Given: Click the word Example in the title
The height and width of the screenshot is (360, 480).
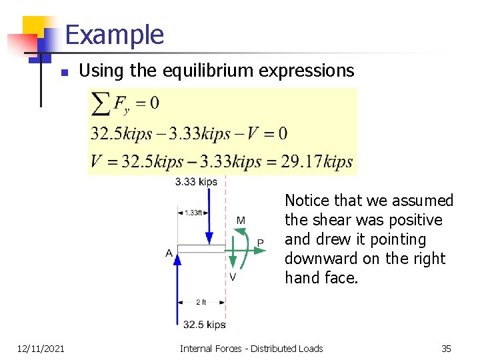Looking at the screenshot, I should [x=114, y=34].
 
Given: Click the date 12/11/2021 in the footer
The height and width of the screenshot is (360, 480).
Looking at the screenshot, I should [x=41, y=348].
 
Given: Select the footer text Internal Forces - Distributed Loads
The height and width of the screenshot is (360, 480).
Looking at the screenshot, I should [x=251, y=348].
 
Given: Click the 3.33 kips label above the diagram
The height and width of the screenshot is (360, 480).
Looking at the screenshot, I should [x=196, y=181].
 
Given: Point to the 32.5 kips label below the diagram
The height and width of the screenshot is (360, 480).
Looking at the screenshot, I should [x=204, y=325].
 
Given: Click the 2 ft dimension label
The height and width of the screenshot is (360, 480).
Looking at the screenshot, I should [x=201, y=302].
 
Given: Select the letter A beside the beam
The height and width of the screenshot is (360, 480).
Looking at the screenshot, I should [x=169, y=253].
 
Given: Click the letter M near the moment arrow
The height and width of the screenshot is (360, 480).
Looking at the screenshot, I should [x=240, y=221].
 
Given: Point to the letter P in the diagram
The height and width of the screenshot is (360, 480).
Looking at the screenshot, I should [x=260, y=243].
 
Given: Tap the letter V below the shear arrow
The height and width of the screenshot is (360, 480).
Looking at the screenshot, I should [x=232, y=277].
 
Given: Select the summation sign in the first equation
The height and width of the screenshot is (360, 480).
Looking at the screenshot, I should [x=101, y=103].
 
